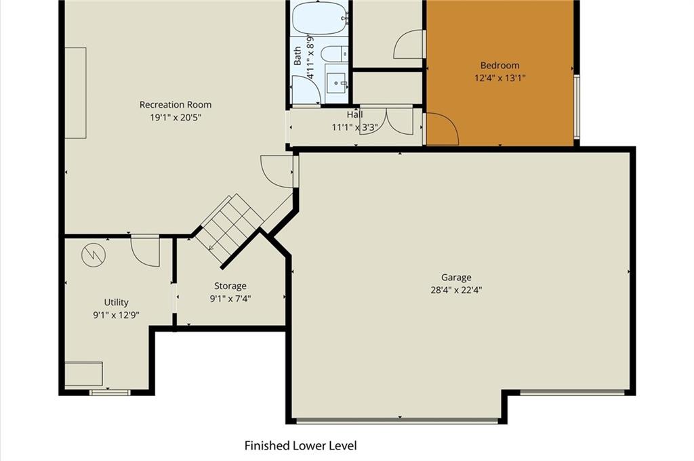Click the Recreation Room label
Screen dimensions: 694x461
[176, 105]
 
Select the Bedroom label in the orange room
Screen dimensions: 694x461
[499, 66]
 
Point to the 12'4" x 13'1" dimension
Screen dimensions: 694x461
[499, 79]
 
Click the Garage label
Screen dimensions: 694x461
[456, 278]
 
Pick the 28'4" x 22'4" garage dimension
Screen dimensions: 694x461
[456, 290]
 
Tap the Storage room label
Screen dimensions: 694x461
[230, 286]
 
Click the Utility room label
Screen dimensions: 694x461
[116, 303]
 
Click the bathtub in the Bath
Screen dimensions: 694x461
[319, 18]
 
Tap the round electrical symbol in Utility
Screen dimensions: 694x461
[94, 255]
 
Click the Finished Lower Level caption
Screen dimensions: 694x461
[300, 445]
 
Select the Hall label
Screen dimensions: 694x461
[354, 115]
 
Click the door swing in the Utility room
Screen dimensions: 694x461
[146, 251]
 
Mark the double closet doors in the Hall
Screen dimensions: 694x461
[386, 120]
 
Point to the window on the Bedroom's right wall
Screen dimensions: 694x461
[576, 106]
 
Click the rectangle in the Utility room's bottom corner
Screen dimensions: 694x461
[83, 374]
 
